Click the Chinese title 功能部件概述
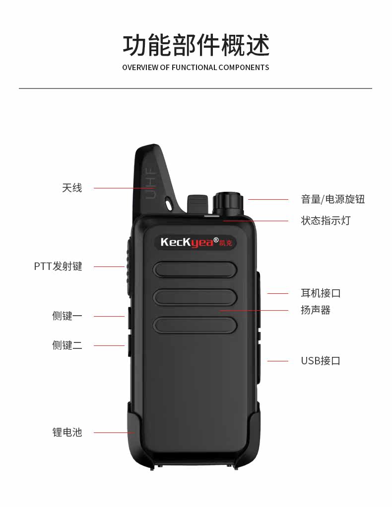tap(196, 45)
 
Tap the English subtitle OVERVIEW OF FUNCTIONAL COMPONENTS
tap(196, 68)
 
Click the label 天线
tap(72, 188)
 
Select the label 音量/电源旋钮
tap(332, 199)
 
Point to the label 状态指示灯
tap(326, 221)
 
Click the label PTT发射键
tap(58, 266)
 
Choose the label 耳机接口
tap(321, 293)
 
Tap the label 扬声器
tap(315, 310)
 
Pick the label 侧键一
tap(67, 316)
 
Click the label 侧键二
tap(67, 345)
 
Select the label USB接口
tap(321, 361)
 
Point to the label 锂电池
tap(67, 432)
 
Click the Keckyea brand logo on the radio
tap(196, 242)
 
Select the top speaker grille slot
tap(195, 269)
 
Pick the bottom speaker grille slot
tap(195, 326)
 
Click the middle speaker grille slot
tap(195, 297)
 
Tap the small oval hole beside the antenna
tap(170, 203)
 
